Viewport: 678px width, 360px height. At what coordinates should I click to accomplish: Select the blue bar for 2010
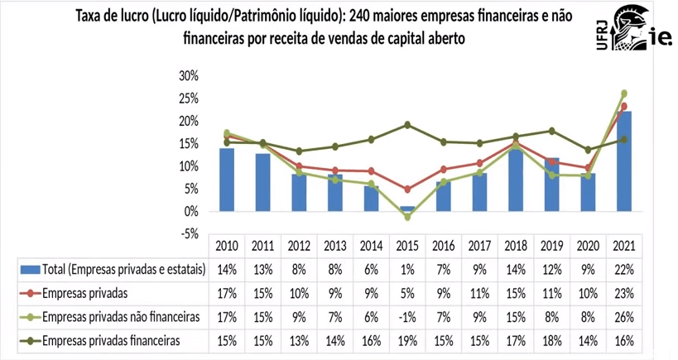coord(226,180)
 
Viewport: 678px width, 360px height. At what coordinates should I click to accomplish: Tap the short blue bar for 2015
coord(407,209)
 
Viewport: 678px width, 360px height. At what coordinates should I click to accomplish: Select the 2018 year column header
coord(516,246)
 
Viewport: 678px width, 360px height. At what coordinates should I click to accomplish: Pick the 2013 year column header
coord(334,246)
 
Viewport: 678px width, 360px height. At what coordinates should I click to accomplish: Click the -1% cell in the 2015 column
coord(407,316)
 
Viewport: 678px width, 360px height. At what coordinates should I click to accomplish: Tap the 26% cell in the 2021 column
coord(624,316)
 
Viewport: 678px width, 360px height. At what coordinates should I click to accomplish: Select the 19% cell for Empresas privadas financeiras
coord(407,339)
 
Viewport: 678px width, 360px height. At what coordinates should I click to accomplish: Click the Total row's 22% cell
coord(624,269)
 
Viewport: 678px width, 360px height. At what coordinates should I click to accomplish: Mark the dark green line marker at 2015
coord(407,125)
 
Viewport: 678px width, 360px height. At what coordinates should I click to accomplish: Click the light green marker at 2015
coord(407,217)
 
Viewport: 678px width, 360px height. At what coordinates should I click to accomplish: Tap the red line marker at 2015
coord(407,190)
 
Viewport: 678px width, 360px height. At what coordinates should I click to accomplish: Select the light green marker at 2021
coord(624,94)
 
